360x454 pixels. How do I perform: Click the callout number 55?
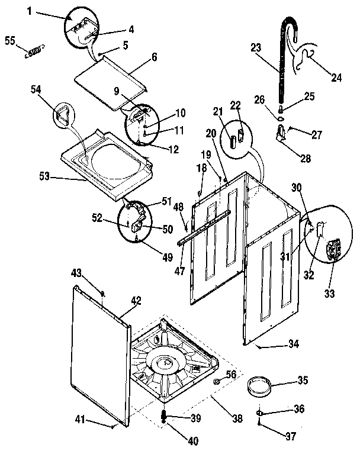[10, 40]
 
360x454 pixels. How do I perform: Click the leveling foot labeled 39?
[165, 417]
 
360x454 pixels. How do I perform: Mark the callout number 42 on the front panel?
[136, 300]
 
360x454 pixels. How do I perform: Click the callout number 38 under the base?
[237, 418]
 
